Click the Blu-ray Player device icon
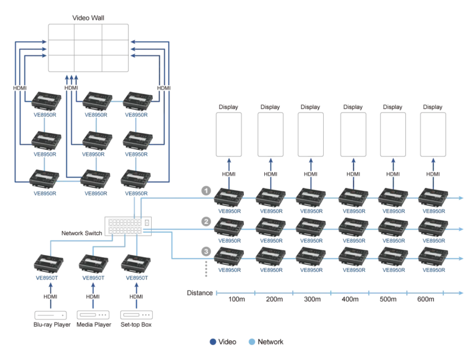pos(49,316)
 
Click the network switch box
pos(129,224)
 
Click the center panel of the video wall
pos(87,48)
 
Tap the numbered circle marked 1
pos(206,190)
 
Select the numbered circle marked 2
pos(206,221)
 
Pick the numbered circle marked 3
pos(206,252)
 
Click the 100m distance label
pos(236,299)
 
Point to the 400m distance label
pos(350,299)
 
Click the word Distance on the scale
pos(199,293)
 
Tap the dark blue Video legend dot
pos(212,342)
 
